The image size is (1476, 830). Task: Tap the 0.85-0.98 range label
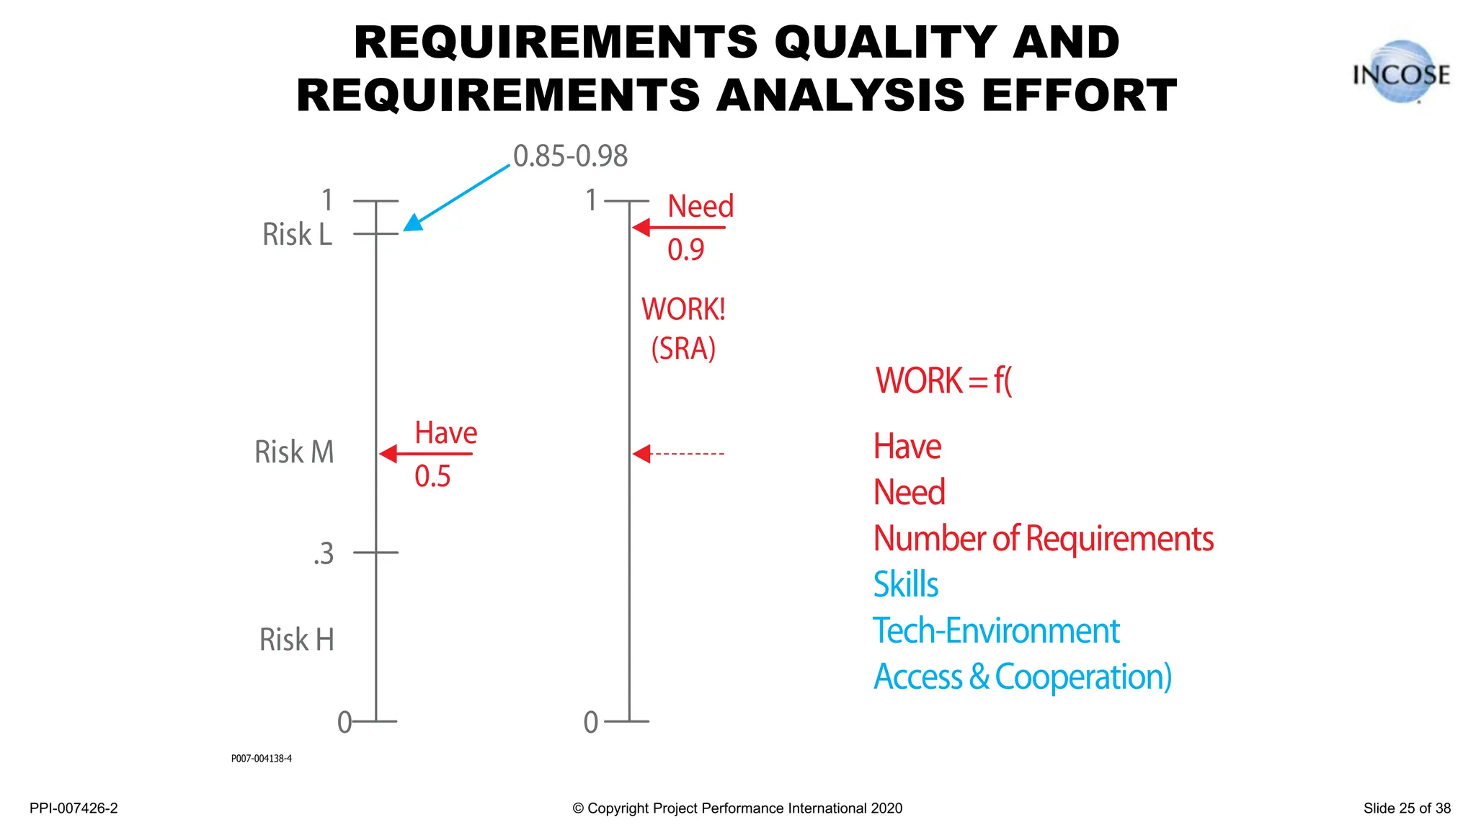pyautogui.click(x=570, y=156)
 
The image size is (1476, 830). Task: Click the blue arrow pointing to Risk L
pyautogui.click(x=455, y=197)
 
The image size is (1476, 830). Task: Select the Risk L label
pyautogui.click(x=297, y=235)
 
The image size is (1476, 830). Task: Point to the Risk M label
pyautogui.click(x=294, y=452)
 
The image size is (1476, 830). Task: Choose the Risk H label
pyautogui.click(x=296, y=640)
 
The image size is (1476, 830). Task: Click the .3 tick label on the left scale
pyautogui.click(x=324, y=554)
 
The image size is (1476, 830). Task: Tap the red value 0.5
pyautogui.click(x=432, y=476)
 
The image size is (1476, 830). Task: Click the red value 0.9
pyautogui.click(x=685, y=250)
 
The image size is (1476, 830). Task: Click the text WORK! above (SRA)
pyautogui.click(x=683, y=310)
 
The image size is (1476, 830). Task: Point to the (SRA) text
pyautogui.click(x=683, y=349)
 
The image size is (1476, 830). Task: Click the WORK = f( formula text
pyautogui.click(x=943, y=380)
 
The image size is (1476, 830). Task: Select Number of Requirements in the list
pyautogui.click(x=1043, y=539)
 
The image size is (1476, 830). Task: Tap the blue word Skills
pyautogui.click(x=905, y=584)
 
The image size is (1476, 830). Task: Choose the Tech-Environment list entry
pyautogui.click(x=996, y=631)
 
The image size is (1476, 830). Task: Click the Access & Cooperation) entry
pyautogui.click(x=1022, y=677)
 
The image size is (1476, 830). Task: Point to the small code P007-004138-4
pyautogui.click(x=261, y=759)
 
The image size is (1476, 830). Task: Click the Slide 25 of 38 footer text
pyautogui.click(x=1406, y=808)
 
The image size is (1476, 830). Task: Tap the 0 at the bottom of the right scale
pyautogui.click(x=591, y=722)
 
